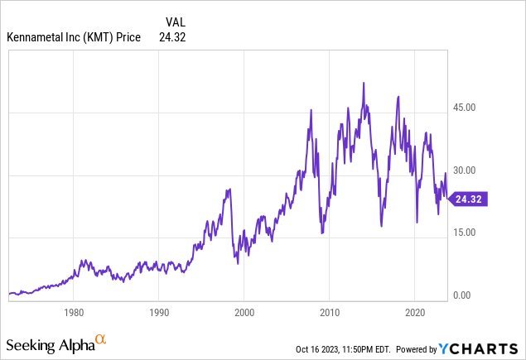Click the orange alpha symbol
click(100, 339)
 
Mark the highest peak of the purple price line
click(364, 83)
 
